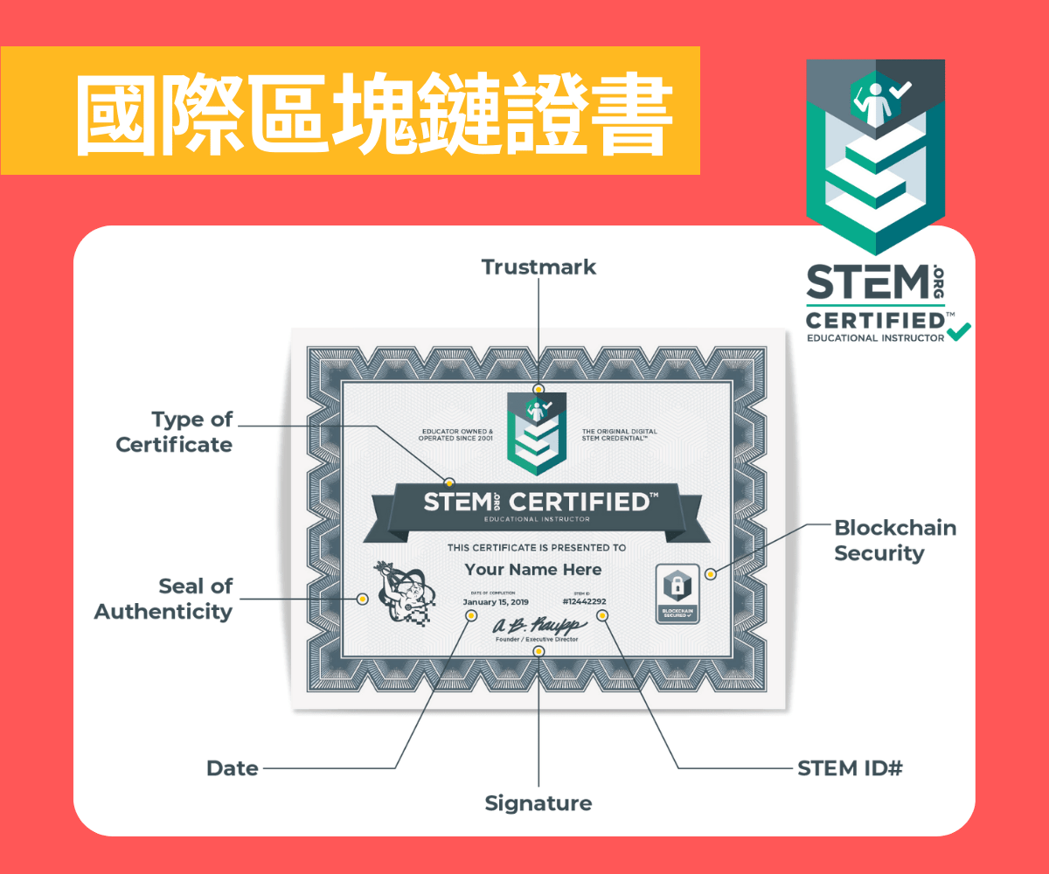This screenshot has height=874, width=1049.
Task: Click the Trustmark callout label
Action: [538, 267]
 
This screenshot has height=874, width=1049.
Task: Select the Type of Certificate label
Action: [175, 432]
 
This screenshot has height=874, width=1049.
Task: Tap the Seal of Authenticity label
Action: [163, 599]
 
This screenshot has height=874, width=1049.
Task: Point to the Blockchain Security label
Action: [883, 540]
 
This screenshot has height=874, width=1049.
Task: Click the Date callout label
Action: [233, 769]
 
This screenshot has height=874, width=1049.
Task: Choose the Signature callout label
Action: [538, 803]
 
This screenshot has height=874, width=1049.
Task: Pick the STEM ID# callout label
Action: [850, 769]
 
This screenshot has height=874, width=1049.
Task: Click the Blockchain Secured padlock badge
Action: [678, 593]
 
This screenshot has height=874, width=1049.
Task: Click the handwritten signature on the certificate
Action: [537, 626]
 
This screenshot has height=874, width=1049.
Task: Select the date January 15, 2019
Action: [496, 602]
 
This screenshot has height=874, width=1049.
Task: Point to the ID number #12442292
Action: [584, 602]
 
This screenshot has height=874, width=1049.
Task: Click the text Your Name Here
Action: [533, 570]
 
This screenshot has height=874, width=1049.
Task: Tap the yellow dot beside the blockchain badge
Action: [711, 574]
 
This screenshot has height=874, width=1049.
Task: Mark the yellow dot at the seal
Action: [361, 599]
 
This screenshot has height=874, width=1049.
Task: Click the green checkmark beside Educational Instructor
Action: [959, 331]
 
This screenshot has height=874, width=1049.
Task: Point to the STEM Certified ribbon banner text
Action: [537, 503]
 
